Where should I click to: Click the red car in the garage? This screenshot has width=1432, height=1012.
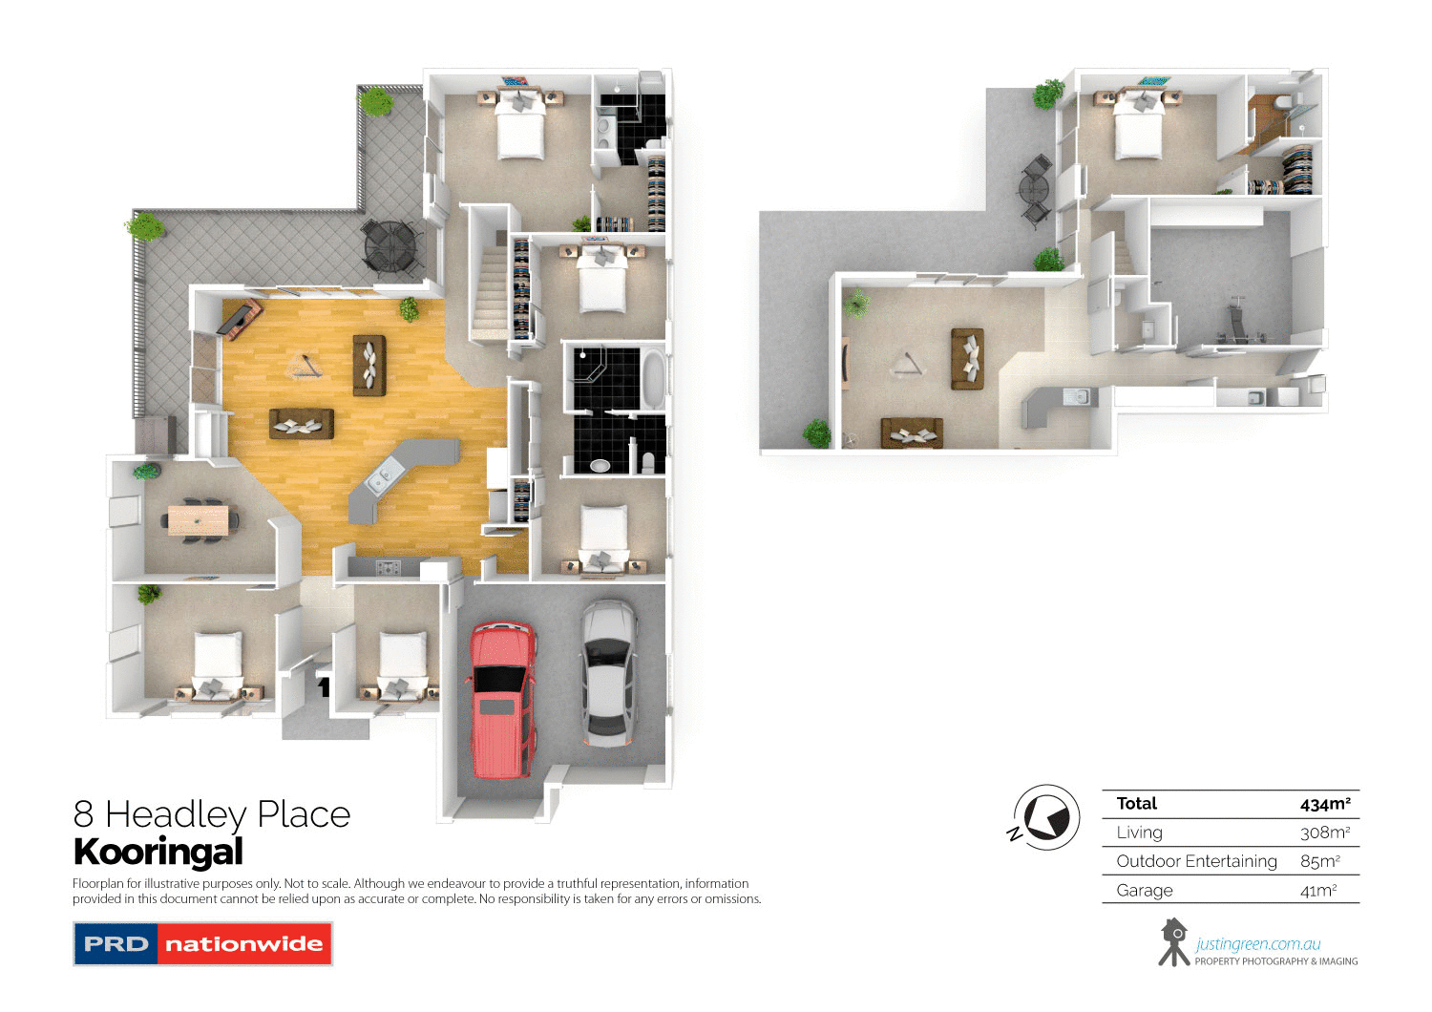pyautogui.click(x=500, y=699)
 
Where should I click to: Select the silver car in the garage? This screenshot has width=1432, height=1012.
pyautogui.click(x=608, y=672)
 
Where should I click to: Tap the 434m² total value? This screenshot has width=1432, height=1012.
pyautogui.click(x=1324, y=804)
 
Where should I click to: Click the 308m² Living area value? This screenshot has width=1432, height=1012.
pyautogui.click(x=1324, y=833)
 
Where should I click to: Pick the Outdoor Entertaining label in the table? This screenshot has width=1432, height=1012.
pyautogui.click(x=1196, y=861)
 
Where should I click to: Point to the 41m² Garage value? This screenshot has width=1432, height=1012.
pyautogui.click(x=1317, y=891)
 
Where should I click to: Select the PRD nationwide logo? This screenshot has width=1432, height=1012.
pyautogui.click(x=202, y=943)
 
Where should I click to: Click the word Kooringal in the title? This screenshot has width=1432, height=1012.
pyautogui.click(x=158, y=852)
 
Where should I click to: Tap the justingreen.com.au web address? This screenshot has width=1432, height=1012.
pyautogui.click(x=1257, y=944)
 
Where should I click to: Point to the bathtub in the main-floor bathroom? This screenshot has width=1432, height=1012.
pyautogui.click(x=653, y=377)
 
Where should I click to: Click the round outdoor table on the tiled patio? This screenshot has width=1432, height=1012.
pyautogui.click(x=391, y=244)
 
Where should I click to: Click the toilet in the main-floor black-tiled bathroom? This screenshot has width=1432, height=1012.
pyautogui.click(x=648, y=462)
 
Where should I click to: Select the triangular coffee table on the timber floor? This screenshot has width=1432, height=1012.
pyautogui.click(x=306, y=367)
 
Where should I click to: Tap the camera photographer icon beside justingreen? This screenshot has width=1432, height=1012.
pyautogui.click(x=1173, y=941)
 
